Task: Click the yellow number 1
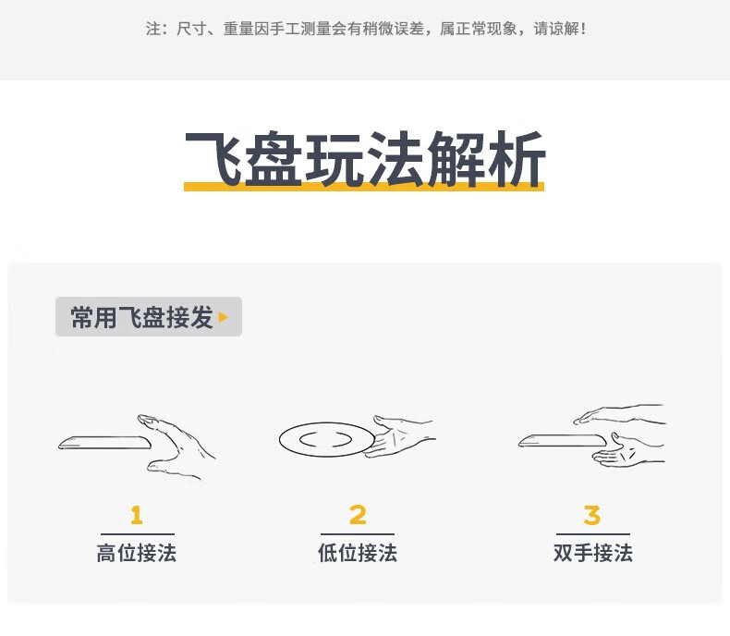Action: tap(137, 515)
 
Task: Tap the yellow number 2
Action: tap(358, 515)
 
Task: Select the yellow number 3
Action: tap(592, 515)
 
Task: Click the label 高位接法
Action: tap(137, 553)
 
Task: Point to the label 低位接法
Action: tap(358, 553)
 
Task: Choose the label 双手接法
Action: tap(592, 553)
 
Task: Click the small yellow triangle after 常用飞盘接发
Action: tap(224, 317)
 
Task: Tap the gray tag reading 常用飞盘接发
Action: tap(149, 316)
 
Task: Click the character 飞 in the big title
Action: tap(213, 158)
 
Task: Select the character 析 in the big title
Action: tap(516, 158)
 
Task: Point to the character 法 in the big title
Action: tap(395, 158)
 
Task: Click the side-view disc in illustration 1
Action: tap(104, 442)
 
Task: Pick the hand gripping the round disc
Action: tap(400, 436)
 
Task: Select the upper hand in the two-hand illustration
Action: tap(619, 414)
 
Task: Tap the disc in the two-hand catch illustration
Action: tap(565, 440)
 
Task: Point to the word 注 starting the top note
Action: tap(153, 29)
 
